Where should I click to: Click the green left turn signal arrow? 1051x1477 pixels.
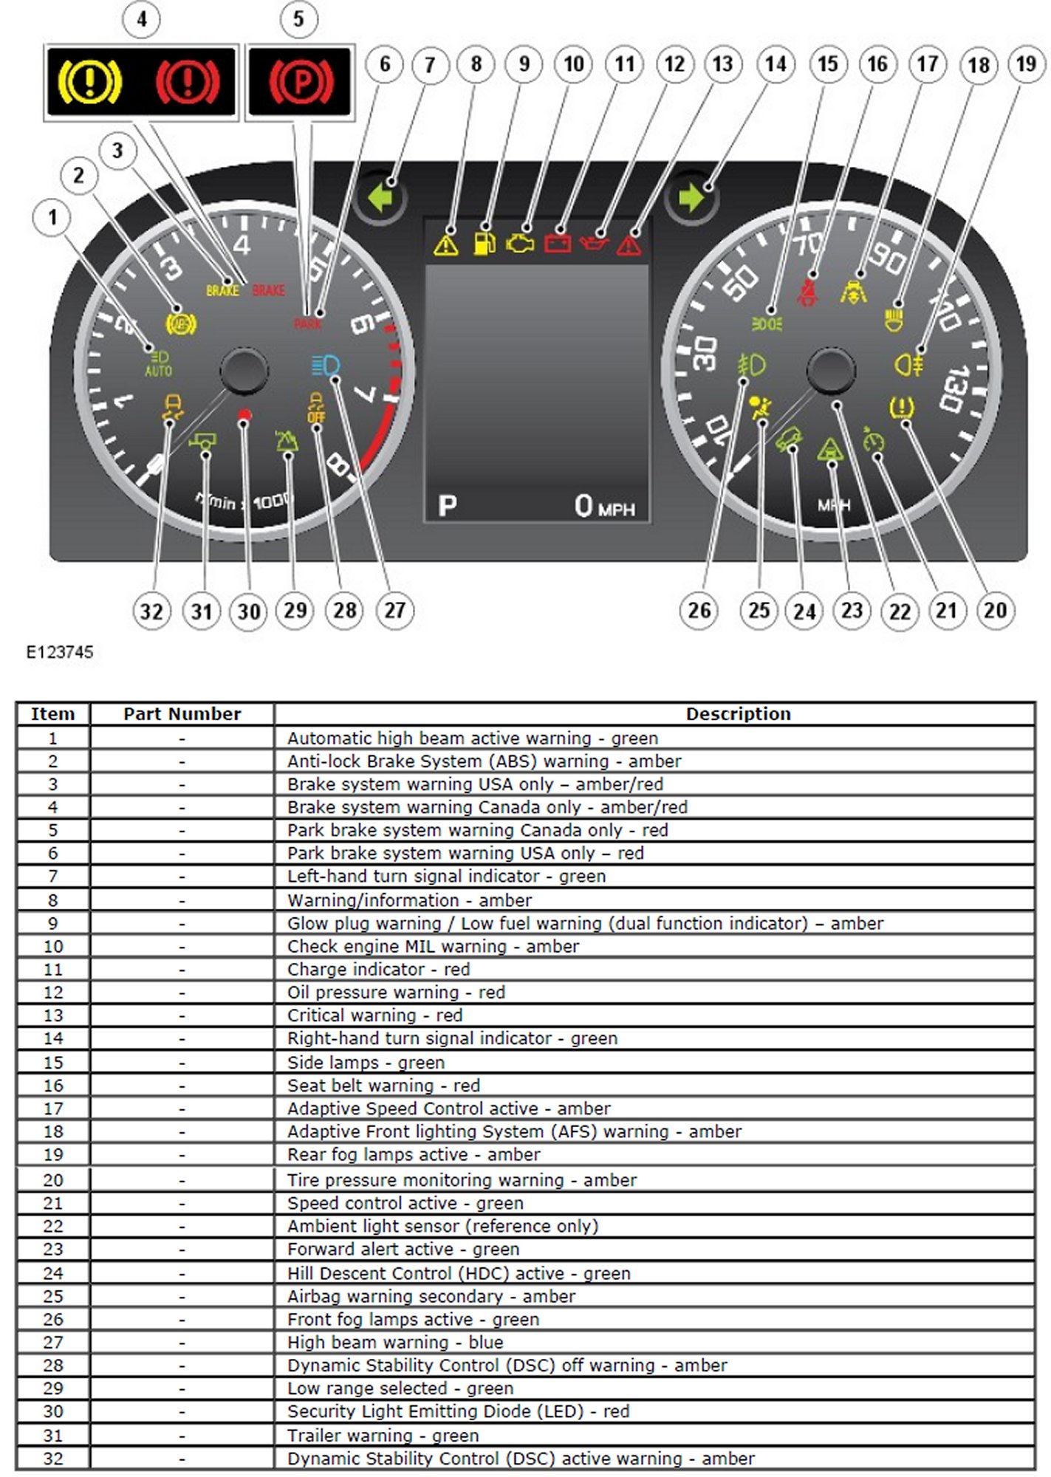pyautogui.click(x=381, y=198)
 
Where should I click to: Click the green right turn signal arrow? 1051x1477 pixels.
pyautogui.click(x=691, y=198)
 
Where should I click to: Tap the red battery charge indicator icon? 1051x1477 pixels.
pyautogui.click(x=557, y=242)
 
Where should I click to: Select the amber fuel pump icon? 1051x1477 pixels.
pyautogui.click(x=483, y=241)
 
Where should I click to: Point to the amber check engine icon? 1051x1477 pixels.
pyautogui.click(x=520, y=243)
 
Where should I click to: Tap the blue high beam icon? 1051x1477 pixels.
pyautogui.click(x=326, y=366)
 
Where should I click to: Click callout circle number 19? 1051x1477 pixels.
pyautogui.click(x=1026, y=64)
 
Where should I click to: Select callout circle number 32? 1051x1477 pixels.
pyautogui.click(x=151, y=611)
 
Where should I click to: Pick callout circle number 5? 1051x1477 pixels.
pyautogui.click(x=298, y=19)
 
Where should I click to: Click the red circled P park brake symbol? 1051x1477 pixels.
pyautogui.click(x=301, y=80)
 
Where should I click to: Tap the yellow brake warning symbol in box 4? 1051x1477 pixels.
pyautogui.click(x=89, y=80)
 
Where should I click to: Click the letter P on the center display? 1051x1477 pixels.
pyautogui.click(x=448, y=506)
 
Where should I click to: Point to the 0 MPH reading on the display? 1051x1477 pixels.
pyautogui.click(x=604, y=507)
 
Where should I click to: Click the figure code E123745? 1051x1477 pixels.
pyautogui.click(x=60, y=652)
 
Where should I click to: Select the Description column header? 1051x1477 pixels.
pyautogui.click(x=738, y=713)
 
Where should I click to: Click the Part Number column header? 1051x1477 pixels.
pyautogui.click(x=182, y=713)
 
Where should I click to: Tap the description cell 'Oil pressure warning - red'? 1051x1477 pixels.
pyautogui.click(x=396, y=992)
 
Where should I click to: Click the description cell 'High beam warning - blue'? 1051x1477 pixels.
pyautogui.click(x=395, y=1342)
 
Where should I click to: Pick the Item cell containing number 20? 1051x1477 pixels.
pyautogui.click(x=53, y=1179)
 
